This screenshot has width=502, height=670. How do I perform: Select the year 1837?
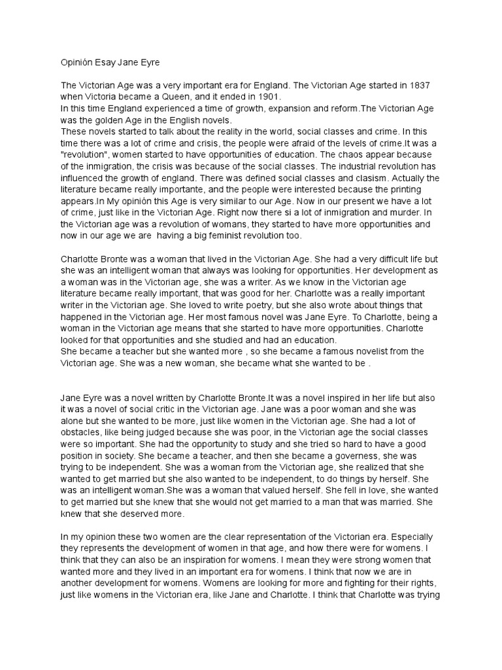tap(431, 86)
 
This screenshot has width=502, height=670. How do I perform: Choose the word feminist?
tap(224, 236)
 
